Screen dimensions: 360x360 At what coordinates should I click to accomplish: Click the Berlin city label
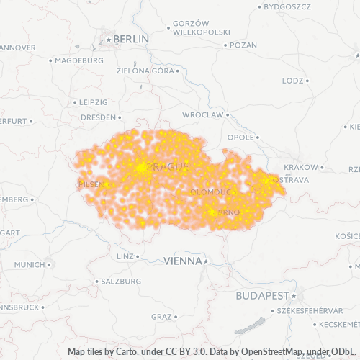click(131, 39)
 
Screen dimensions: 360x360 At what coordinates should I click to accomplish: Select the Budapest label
click(262, 296)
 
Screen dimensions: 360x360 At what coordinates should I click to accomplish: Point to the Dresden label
click(97, 117)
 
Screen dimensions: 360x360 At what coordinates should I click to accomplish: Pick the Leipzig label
click(94, 102)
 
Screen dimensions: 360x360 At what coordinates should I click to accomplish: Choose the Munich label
click(29, 265)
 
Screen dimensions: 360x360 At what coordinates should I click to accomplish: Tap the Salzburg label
click(121, 281)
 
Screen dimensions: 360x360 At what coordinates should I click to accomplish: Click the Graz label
click(161, 316)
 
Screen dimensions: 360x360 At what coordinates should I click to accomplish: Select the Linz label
click(124, 256)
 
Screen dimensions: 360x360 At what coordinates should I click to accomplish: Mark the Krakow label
click(300, 167)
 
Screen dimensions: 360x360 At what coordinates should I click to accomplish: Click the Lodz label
click(292, 81)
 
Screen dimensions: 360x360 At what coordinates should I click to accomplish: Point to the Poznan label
click(244, 45)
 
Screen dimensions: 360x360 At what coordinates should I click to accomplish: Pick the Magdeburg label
click(79, 60)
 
